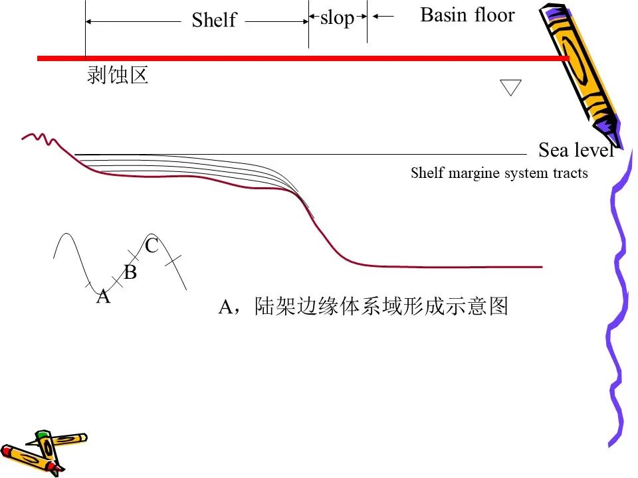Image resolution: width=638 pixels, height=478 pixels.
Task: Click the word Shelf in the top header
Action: coord(214,19)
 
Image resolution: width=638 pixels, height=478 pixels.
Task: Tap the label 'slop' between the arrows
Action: coord(338,18)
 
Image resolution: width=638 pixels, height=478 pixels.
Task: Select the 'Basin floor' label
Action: coord(467,15)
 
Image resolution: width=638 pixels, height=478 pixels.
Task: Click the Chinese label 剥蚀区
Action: coord(117,75)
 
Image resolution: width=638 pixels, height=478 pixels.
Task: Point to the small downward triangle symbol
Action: coord(510,87)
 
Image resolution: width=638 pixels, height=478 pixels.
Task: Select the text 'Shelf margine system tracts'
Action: coord(499,173)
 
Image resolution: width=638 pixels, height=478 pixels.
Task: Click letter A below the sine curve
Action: coord(104,296)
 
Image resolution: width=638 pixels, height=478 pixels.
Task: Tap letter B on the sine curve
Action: coord(130,272)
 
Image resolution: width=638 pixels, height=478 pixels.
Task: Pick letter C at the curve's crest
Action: coord(152,246)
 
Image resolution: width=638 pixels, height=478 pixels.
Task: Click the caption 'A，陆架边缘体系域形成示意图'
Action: coord(363,306)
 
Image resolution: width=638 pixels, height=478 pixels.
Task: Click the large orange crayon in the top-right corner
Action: coord(580,73)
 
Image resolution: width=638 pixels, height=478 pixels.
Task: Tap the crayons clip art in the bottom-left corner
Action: coord(43,453)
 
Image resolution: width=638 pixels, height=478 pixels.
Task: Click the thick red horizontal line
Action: coord(303,58)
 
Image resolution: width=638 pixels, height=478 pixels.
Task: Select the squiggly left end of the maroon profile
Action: coord(40,138)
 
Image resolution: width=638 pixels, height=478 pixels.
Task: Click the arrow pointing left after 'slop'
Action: coord(383,16)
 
